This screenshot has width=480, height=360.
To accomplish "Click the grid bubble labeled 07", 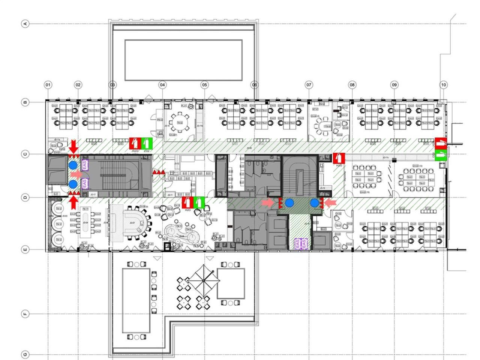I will click(309, 85).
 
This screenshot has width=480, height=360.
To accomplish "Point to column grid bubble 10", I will click(443, 85).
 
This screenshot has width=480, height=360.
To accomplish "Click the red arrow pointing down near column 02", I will click(73, 145).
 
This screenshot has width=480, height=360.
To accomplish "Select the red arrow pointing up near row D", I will click(73, 202).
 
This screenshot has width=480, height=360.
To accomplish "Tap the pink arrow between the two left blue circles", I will click(76, 174).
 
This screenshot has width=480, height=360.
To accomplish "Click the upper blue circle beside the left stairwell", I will click(73, 165).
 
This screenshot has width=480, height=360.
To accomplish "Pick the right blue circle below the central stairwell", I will click(314, 203).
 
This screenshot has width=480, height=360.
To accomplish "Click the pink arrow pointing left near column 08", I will click(330, 203).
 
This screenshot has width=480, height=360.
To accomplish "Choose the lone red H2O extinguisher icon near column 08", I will click(339, 158).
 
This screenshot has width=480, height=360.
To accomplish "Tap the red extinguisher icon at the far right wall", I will click(441, 143).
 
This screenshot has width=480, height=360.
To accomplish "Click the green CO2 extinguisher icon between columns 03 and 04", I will click(147, 143).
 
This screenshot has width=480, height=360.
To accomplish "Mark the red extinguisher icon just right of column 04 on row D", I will click(187, 202).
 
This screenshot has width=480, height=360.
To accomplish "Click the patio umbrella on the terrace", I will click(203, 280).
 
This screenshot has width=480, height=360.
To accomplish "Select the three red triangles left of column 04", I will click(158, 172).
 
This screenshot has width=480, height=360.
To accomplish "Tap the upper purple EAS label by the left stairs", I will click(84, 164).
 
